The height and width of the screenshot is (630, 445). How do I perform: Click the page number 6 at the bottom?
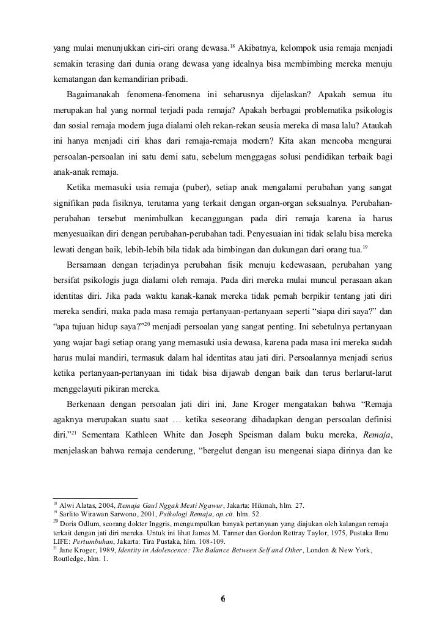223,598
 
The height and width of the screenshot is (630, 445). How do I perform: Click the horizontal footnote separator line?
95,498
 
